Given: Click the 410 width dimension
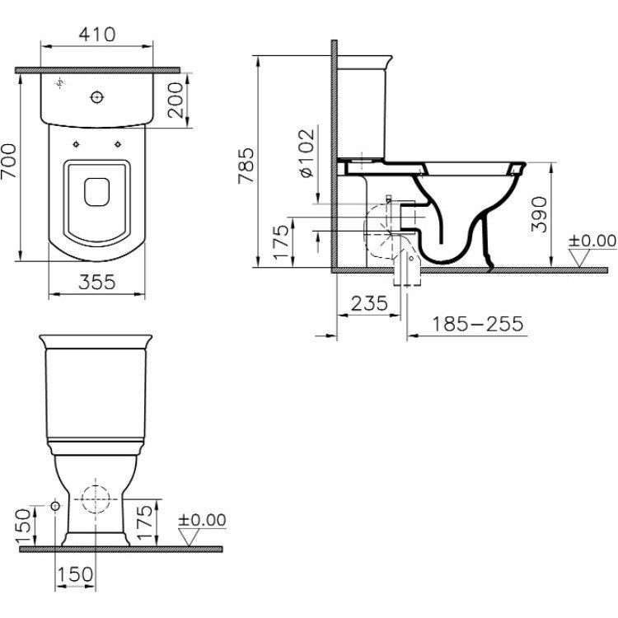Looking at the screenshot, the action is click(x=97, y=35).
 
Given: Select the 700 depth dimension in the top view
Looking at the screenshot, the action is click(x=9, y=161).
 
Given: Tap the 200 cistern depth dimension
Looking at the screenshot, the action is click(x=176, y=100).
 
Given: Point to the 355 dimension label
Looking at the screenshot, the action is click(x=97, y=282).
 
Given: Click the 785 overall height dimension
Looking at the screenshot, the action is click(x=246, y=166).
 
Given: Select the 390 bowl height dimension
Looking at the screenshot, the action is click(x=539, y=214).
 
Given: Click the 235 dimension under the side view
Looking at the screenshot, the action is click(x=369, y=303).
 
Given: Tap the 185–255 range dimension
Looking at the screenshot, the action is click(x=478, y=324).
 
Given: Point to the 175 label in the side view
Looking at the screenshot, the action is click(x=282, y=242).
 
